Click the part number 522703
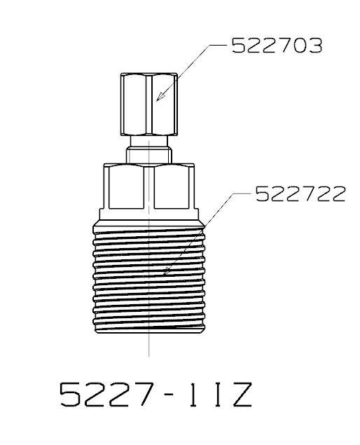point(277,46)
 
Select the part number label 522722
point(300,194)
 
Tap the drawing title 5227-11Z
point(155,395)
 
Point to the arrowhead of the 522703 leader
point(160,97)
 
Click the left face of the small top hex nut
point(134,104)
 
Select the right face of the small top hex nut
point(164,104)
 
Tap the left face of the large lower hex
point(125,187)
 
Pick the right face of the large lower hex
point(172,187)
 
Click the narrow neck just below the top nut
point(149,141)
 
